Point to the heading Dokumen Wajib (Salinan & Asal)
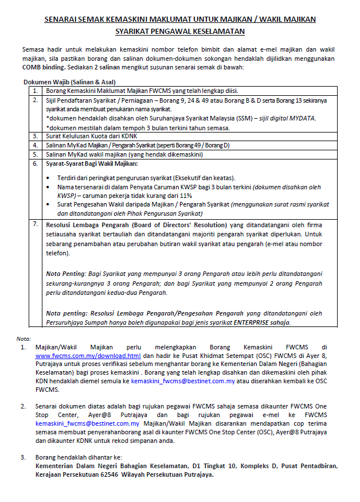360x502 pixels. pos(69,82)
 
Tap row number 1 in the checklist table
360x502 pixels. pos(36,91)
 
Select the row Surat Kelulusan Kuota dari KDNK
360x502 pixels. pos(90,136)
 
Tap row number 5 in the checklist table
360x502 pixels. pos(36,154)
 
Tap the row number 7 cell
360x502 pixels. pos(36,224)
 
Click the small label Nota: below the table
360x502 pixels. pos(24,338)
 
